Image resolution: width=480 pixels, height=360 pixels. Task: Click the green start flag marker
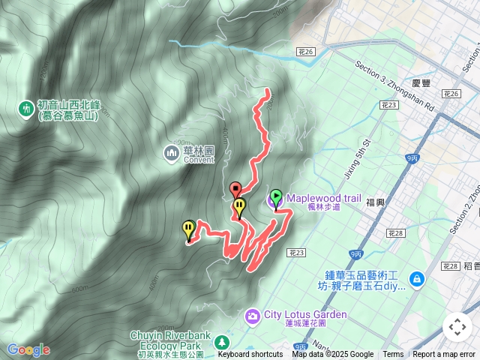[x=276, y=197]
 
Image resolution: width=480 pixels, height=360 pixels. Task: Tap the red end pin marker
[x=235, y=188]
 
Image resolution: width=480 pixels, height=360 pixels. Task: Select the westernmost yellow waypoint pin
[x=188, y=228]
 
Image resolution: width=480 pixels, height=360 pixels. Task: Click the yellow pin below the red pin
[x=239, y=205]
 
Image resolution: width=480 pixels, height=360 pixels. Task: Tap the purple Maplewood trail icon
[x=274, y=200]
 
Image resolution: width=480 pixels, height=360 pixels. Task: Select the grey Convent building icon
[x=170, y=154]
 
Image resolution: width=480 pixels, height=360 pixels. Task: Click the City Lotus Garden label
[x=305, y=314]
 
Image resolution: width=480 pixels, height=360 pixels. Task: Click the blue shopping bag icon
[x=417, y=280]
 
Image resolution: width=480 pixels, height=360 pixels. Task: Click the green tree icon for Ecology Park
[x=222, y=341]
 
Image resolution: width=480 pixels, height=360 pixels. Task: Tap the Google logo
[x=28, y=349]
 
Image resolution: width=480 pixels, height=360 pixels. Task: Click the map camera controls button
[x=457, y=326]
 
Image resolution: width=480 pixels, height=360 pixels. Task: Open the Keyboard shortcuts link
[x=250, y=355]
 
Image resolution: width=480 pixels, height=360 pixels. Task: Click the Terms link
[x=393, y=355]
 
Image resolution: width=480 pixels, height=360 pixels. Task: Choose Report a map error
[x=445, y=355]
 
